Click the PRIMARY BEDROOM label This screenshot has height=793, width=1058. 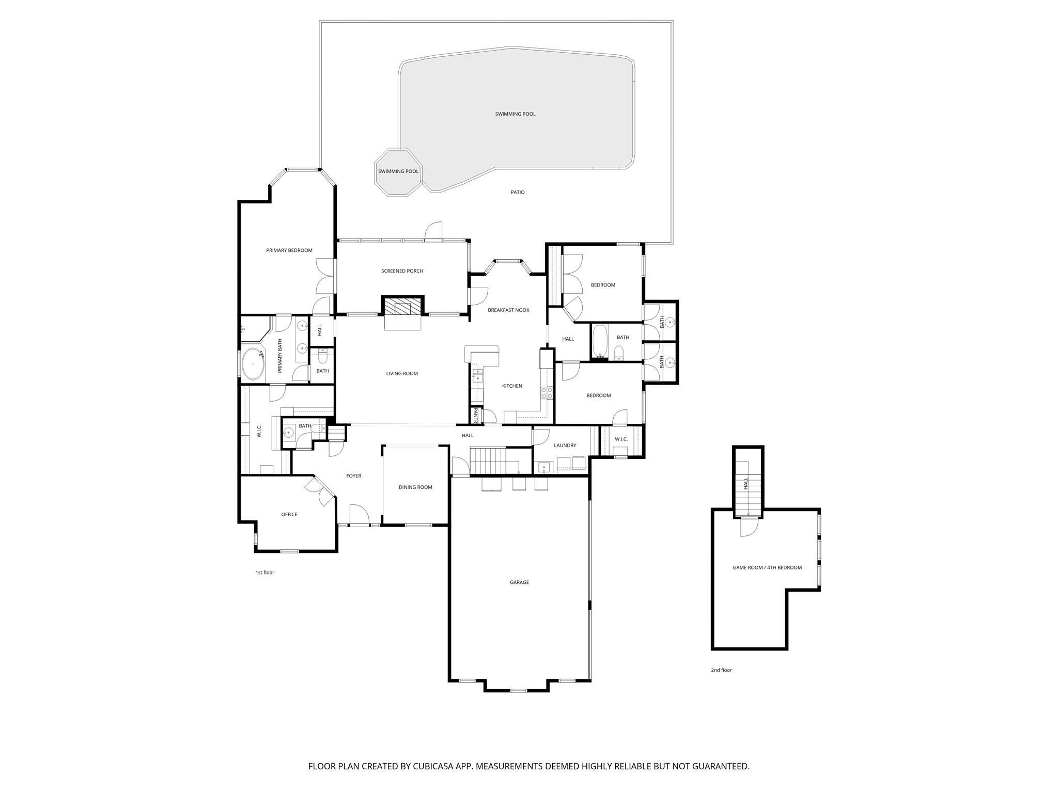tap(289, 250)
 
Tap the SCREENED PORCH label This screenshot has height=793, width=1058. tap(402, 271)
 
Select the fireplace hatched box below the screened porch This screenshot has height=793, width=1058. tap(402, 308)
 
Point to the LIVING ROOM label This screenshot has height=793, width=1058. tap(402, 374)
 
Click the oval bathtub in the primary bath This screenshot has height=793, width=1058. tap(253, 364)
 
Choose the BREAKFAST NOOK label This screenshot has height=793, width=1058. tap(508, 310)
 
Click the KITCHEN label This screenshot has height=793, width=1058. tap(512, 386)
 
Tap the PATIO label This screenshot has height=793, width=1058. tap(518, 193)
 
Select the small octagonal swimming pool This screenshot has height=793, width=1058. tap(398, 172)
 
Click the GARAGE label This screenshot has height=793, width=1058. tap(519, 582)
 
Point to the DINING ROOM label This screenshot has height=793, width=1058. tap(415, 487)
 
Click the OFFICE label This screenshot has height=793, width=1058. tap(289, 515)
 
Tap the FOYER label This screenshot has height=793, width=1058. tap(354, 476)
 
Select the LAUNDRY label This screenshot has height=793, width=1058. tap(565, 446)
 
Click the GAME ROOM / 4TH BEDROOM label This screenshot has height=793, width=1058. tap(767, 568)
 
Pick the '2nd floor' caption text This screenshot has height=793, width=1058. tap(721, 670)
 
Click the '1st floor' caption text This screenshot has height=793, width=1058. tap(265, 573)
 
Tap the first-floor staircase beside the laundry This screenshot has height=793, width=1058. tap(493, 461)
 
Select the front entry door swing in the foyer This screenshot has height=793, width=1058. tap(359, 515)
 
